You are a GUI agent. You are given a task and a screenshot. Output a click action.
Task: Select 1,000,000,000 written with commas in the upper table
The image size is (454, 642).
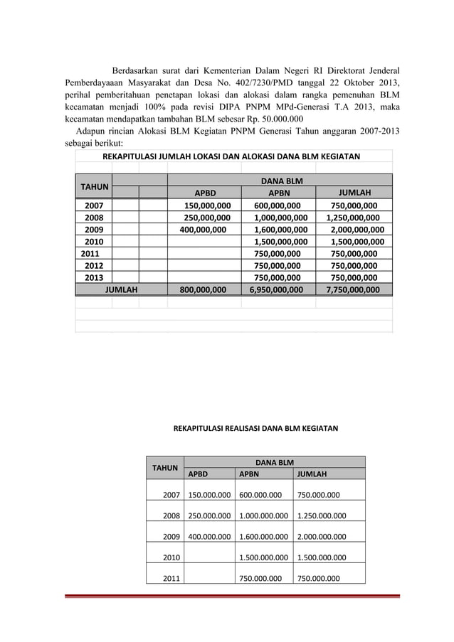pos(281,218)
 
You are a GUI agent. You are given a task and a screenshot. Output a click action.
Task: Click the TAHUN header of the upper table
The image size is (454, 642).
pos(94,186)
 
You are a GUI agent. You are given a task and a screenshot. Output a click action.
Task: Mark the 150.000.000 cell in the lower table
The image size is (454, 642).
pos(209,496)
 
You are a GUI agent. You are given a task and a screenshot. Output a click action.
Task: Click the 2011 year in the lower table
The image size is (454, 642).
pos(171,578)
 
